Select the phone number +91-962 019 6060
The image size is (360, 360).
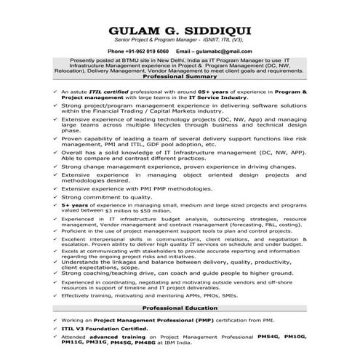coord(148,52)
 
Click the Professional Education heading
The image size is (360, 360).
coord(180,308)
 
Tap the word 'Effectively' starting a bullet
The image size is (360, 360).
coord(78,297)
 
